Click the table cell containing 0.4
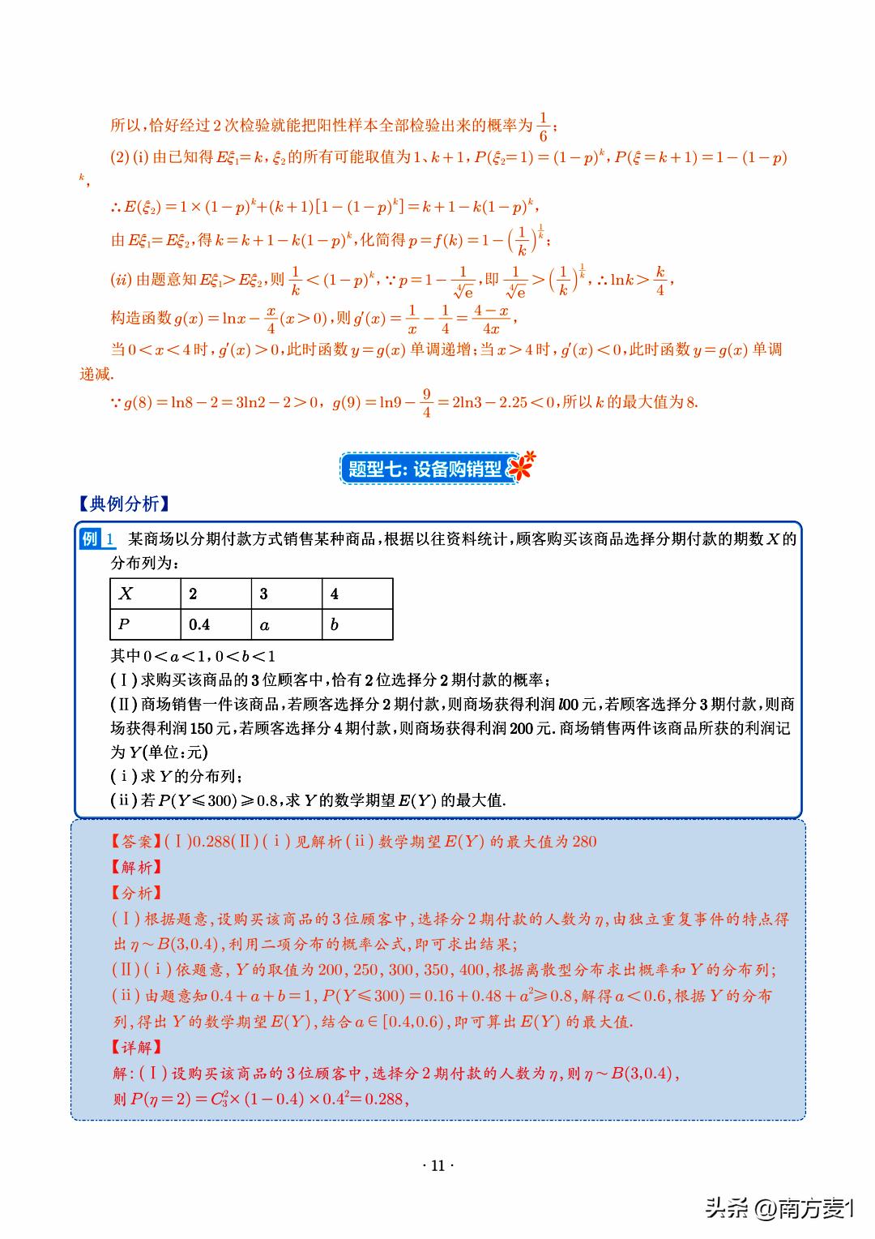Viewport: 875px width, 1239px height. [216, 624]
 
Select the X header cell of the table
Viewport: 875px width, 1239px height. [145, 594]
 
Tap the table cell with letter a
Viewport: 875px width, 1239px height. [287, 624]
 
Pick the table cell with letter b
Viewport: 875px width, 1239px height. [357, 624]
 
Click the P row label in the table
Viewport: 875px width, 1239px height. [145, 624]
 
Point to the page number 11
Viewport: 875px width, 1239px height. [437, 1166]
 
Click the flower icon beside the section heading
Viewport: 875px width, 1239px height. [524, 466]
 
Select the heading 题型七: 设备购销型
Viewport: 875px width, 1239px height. [425, 469]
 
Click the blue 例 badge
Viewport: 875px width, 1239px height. [90, 539]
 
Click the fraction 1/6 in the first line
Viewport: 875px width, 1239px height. [544, 126]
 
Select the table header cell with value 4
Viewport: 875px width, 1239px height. [357, 594]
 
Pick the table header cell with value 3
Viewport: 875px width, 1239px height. [287, 594]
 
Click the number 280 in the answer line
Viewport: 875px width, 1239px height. [584, 842]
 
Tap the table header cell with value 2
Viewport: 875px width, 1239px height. [216, 594]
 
